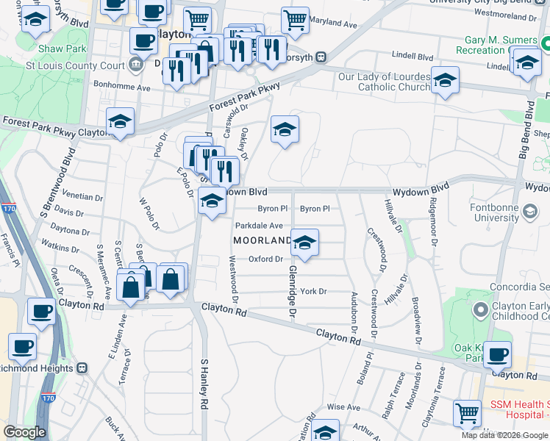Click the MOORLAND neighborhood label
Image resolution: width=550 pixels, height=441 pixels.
coord(262,241)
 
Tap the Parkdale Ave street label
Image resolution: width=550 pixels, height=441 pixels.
coord(259,226)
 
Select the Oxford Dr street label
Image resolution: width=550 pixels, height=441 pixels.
coord(265,259)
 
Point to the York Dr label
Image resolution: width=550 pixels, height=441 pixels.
coord(312,292)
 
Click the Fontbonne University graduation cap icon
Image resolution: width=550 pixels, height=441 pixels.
coord(529,213)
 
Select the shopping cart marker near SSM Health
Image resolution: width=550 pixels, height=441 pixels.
coord(468,414)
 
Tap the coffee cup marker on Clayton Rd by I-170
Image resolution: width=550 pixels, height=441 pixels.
coord(41,310)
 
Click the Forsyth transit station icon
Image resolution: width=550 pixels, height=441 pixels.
coord(321,57)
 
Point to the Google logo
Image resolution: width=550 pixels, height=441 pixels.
coord(24,432)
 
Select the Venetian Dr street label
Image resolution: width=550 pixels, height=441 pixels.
coord(82,197)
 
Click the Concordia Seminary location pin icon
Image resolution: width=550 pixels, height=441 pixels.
coord(480,306)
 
